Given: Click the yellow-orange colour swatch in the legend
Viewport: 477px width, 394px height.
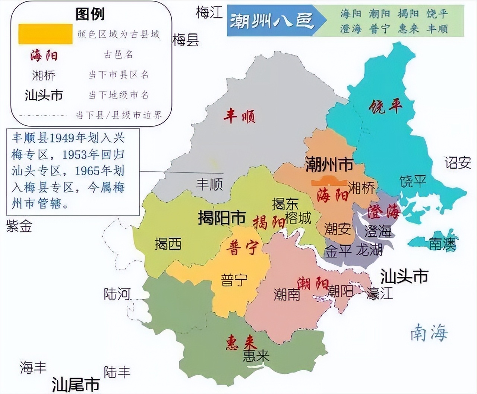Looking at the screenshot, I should (45, 34).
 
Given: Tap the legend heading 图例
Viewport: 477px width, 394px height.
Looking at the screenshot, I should (90, 14).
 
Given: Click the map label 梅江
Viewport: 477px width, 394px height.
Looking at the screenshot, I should (209, 13).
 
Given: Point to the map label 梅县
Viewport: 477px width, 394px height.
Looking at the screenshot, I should (185, 40).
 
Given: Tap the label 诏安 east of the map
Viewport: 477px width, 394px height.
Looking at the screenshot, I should (457, 163).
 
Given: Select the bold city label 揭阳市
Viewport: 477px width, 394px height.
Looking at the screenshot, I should (222, 217).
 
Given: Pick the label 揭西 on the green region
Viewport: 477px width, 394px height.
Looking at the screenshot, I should (168, 244).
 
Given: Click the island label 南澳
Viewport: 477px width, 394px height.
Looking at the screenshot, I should (442, 244).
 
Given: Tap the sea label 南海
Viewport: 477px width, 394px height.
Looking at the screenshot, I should (429, 332).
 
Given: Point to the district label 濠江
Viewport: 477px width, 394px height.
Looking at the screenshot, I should (379, 293).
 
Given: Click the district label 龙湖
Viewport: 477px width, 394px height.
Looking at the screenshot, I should (369, 250).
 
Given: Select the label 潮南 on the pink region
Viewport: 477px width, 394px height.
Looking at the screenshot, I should (287, 294).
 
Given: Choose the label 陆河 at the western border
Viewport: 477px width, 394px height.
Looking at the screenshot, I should (117, 294).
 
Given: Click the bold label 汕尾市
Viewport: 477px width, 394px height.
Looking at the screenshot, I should (76, 384).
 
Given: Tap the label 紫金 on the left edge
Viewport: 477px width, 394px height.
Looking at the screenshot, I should (19, 226).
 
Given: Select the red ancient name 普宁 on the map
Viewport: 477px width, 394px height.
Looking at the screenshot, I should (243, 247).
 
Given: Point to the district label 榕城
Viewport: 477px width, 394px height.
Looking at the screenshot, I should (298, 218).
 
